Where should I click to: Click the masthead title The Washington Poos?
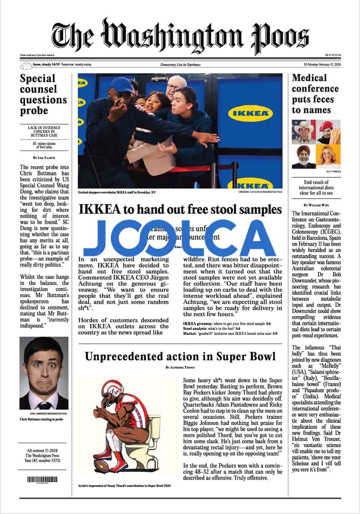[x=180, y=36]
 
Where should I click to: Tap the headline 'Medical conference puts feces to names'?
[x=315, y=94]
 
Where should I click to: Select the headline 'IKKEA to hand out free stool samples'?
[x=180, y=209]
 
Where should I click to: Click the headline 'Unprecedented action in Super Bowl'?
[x=180, y=356]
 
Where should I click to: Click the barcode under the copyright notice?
[x=43, y=479]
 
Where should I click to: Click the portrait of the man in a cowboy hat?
[x=303, y=131]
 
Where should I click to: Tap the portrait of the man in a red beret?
[x=328, y=131]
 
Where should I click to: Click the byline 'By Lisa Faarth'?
[x=43, y=157]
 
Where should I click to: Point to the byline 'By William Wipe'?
[x=316, y=205]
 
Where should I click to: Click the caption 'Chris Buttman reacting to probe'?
[x=42, y=419]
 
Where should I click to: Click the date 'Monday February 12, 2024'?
[x=324, y=65]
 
